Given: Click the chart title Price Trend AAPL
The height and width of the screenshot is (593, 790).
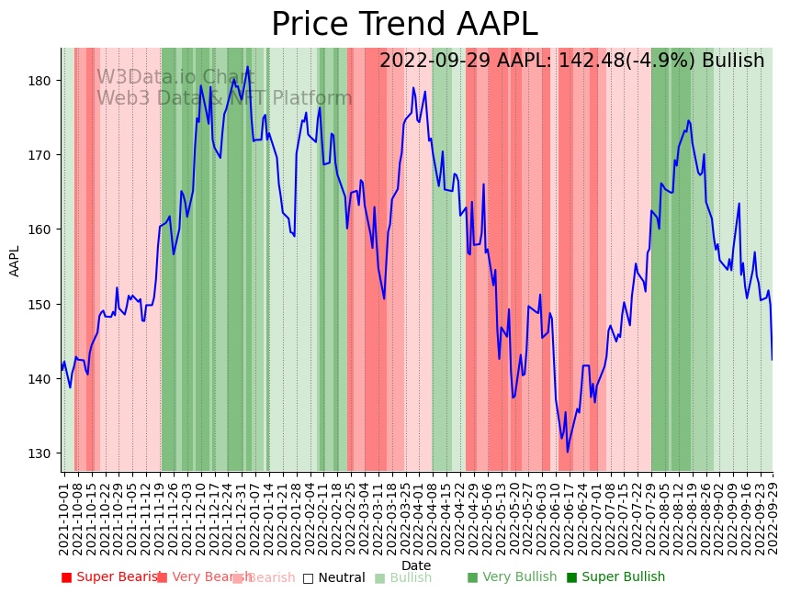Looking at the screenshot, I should coord(404,25).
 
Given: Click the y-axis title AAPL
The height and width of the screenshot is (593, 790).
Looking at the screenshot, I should coord(15,261).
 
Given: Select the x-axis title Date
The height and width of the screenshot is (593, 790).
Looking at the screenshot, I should coord(416,565).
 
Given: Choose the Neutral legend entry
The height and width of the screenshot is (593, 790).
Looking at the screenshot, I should coord(340,577).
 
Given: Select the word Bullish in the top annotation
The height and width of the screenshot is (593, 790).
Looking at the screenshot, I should coord(733,61).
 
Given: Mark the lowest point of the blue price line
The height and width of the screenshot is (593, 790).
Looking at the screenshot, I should coord(568,452).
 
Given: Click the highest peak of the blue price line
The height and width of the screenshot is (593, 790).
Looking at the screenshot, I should coord(248,66).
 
